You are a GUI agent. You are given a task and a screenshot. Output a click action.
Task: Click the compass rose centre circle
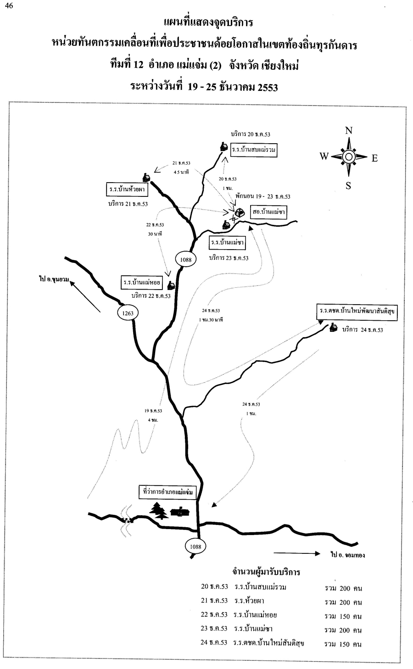point(348,157)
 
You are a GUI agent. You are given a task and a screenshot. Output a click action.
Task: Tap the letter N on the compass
point(349,131)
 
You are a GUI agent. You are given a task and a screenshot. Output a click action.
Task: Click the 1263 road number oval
point(128,313)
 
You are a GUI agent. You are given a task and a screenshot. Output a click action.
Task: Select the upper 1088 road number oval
point(185,259)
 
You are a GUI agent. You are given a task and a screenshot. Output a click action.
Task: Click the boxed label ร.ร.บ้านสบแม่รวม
point(254,150)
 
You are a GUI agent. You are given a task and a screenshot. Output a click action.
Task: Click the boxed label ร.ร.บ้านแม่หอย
point(142,282)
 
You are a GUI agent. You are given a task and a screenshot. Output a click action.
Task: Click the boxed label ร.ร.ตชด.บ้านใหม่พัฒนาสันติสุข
point(357,311)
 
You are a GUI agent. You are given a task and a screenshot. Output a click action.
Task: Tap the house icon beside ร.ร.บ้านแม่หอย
point(171,285)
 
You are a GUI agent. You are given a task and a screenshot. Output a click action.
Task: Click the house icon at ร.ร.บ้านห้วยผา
point(146,178)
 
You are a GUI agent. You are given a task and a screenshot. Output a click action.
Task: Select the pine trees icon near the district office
point(159,510)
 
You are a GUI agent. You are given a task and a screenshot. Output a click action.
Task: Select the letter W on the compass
point(324,157)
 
